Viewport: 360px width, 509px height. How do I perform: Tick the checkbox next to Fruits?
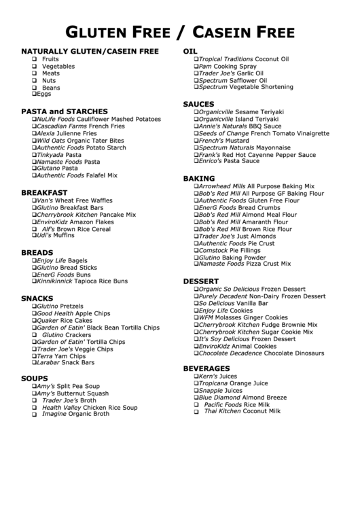point(33,59)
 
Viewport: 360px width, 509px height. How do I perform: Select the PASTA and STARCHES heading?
point(65,111)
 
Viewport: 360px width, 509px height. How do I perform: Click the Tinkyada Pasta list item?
point(59,154)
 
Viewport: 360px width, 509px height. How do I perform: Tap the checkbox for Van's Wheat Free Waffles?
point(33,200)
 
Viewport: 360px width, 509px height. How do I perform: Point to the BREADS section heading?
point(37,252)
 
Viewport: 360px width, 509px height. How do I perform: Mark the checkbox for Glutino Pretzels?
point(33,306)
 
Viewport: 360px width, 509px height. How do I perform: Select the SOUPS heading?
point(35,378)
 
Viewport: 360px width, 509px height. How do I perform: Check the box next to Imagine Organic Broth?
point(33,415)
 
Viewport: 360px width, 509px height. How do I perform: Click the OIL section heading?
point(191,52)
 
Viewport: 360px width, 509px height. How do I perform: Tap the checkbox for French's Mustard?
point(196,140)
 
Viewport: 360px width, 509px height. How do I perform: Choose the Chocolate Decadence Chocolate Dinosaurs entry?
point(261,353)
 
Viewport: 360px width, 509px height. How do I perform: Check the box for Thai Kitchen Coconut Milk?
point(196,412)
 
